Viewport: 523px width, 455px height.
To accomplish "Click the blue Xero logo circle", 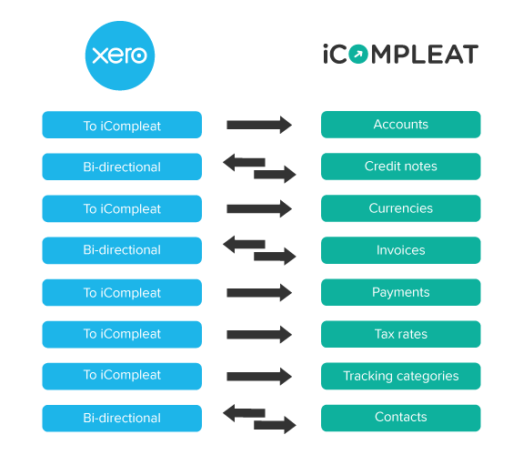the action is point(120,56).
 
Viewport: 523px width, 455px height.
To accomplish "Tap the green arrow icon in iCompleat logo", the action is point(358,54).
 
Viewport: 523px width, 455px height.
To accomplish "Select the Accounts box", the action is point(400,125).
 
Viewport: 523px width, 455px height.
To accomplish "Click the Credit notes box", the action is point(400,167).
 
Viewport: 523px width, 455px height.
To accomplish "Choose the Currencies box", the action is point(400,208).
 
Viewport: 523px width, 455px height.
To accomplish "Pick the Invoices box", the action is point(400,250).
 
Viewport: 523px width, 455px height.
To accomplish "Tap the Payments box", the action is point(400,292).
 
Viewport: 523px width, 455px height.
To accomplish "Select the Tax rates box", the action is point(400,334).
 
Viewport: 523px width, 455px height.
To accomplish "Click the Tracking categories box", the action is point(400,376).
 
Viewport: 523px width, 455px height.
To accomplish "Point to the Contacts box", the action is point(400,418).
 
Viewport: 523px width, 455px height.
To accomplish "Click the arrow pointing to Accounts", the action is point(259,125).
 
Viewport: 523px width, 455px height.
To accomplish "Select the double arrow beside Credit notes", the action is point(259,168).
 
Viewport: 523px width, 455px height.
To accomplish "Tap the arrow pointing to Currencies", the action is point(259,208).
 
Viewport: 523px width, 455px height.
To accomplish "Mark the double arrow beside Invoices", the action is point(259,250).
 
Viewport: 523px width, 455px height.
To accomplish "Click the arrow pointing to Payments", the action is point(259,293).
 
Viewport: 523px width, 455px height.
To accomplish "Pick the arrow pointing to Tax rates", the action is point(259,335).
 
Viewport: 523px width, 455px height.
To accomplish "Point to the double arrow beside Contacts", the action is point(259,419).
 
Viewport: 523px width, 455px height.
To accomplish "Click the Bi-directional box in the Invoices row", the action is point(122,250).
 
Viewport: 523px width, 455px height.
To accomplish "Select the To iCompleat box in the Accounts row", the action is point(122,125).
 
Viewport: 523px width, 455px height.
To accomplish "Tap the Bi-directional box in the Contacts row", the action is point(122,419).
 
